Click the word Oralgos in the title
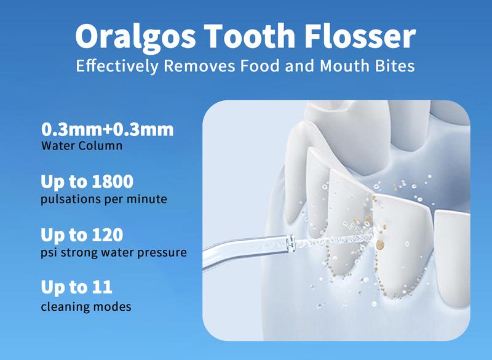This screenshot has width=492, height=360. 135,37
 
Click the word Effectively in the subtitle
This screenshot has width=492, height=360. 117,66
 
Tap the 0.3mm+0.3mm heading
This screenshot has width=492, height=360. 107,129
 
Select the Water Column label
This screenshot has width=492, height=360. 82,146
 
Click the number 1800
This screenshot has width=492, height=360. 113,182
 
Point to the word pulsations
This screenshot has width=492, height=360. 71,199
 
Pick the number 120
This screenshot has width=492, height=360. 108,234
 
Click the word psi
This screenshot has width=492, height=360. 49,253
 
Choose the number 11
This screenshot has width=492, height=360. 102,287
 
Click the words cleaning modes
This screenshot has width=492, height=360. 86,306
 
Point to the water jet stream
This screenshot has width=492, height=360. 334,240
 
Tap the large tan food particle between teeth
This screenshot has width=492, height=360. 379,244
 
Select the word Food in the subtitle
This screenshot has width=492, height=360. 260,66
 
